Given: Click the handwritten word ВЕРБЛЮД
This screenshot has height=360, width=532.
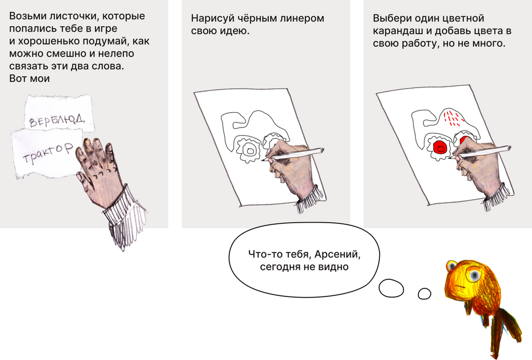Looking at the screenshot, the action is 57,120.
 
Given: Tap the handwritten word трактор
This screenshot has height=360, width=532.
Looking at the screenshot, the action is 48,153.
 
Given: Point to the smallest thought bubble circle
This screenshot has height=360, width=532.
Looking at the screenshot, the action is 424,294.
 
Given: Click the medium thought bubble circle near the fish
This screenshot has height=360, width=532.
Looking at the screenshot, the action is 391,288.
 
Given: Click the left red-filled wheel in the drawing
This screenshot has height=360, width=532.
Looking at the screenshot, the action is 440,147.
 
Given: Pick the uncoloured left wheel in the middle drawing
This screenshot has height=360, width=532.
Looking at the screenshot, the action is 250,149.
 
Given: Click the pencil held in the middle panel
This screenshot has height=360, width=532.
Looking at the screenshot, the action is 293,154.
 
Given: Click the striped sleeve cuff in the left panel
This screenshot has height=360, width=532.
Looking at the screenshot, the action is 127,217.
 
